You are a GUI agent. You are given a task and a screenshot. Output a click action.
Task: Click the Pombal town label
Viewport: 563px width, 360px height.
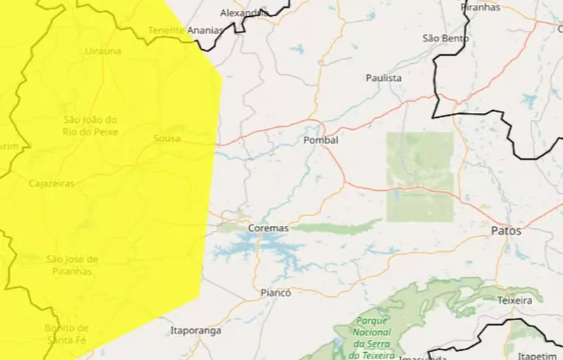pyautogui.click(x=321, y=140)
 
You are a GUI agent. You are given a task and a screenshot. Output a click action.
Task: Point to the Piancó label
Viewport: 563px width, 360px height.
pyautogui.click(x=275, y=293)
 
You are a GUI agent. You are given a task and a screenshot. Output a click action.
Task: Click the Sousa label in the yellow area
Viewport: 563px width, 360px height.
pyautogui.click(x=167, y=138)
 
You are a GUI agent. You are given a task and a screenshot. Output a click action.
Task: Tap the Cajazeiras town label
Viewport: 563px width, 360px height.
pyautogui.click(x=52, y=183)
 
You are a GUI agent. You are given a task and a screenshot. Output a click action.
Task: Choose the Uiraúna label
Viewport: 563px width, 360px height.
pyautogui.click(x=102, y=51)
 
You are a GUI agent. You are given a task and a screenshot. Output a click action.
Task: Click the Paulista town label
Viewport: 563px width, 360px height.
pyautogui.click(x=383, y=78)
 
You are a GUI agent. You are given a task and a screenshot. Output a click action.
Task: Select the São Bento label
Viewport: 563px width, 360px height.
pyautogui.click(x=445, y=38)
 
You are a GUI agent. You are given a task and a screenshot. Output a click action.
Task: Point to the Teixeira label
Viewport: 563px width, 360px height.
pyautogui.click(x=515, y=300)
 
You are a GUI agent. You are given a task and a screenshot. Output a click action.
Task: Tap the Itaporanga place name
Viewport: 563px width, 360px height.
pyautogui.click(x=196, y=330)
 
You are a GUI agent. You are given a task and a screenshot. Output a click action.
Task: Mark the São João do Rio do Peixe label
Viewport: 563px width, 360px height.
pyautogui.click(x=91, y=126)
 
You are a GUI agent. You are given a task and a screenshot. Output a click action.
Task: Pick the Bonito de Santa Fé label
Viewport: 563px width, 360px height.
pyautogui.click(x=67, y=334)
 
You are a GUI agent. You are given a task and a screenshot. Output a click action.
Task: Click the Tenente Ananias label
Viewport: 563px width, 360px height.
pyautogui.click(x=185, y=30)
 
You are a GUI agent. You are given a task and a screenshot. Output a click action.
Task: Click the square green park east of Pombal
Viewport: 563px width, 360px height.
pyautogui.click(x=420, y=176)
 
